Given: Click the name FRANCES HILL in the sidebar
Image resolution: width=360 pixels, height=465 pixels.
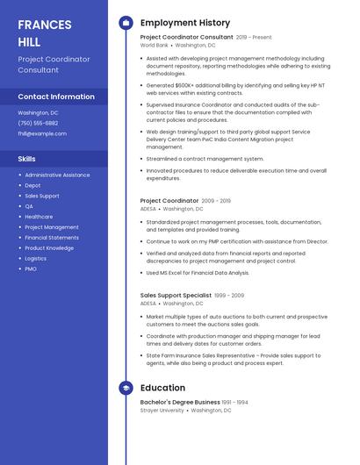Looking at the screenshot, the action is [45, 32].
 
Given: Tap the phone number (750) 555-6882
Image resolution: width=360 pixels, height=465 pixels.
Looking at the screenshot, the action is [38, 123].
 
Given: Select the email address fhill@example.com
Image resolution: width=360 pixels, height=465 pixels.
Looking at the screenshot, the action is [41, 133].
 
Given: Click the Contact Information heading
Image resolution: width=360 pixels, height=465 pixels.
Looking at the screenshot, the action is [56, 97].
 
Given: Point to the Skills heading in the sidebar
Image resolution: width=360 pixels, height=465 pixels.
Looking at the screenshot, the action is [27, 159].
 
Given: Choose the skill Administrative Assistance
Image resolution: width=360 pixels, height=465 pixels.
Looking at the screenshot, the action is [57, 175].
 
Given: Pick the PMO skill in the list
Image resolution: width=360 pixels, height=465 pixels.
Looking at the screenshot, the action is [31, 268].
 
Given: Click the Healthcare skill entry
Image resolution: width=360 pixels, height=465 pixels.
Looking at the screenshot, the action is [39, 217].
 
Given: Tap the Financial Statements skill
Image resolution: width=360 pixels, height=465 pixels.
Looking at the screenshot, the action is [52, 238].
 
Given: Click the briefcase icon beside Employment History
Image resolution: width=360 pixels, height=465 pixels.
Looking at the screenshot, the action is [125, 23].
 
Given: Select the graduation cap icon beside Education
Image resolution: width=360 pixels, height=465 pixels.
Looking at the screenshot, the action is [125, 388].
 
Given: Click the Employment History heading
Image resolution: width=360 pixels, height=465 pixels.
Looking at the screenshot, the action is [185, 23].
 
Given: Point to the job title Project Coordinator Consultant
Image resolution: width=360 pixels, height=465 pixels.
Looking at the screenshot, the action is [186, 38].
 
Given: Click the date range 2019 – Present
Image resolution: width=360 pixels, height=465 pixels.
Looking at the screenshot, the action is [254, 38].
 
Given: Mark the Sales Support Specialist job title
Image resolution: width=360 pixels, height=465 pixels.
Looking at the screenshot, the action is [176, 296].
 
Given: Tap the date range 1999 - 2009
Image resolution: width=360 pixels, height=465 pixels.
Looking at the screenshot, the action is [229, 296].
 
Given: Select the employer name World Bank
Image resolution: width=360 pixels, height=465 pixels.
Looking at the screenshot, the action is [155, 45].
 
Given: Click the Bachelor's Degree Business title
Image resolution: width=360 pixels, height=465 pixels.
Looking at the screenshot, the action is [180, 402].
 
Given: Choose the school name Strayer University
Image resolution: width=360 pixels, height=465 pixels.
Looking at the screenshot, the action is [162, 410].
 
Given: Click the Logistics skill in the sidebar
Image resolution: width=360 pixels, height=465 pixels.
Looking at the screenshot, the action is [36, 258].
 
